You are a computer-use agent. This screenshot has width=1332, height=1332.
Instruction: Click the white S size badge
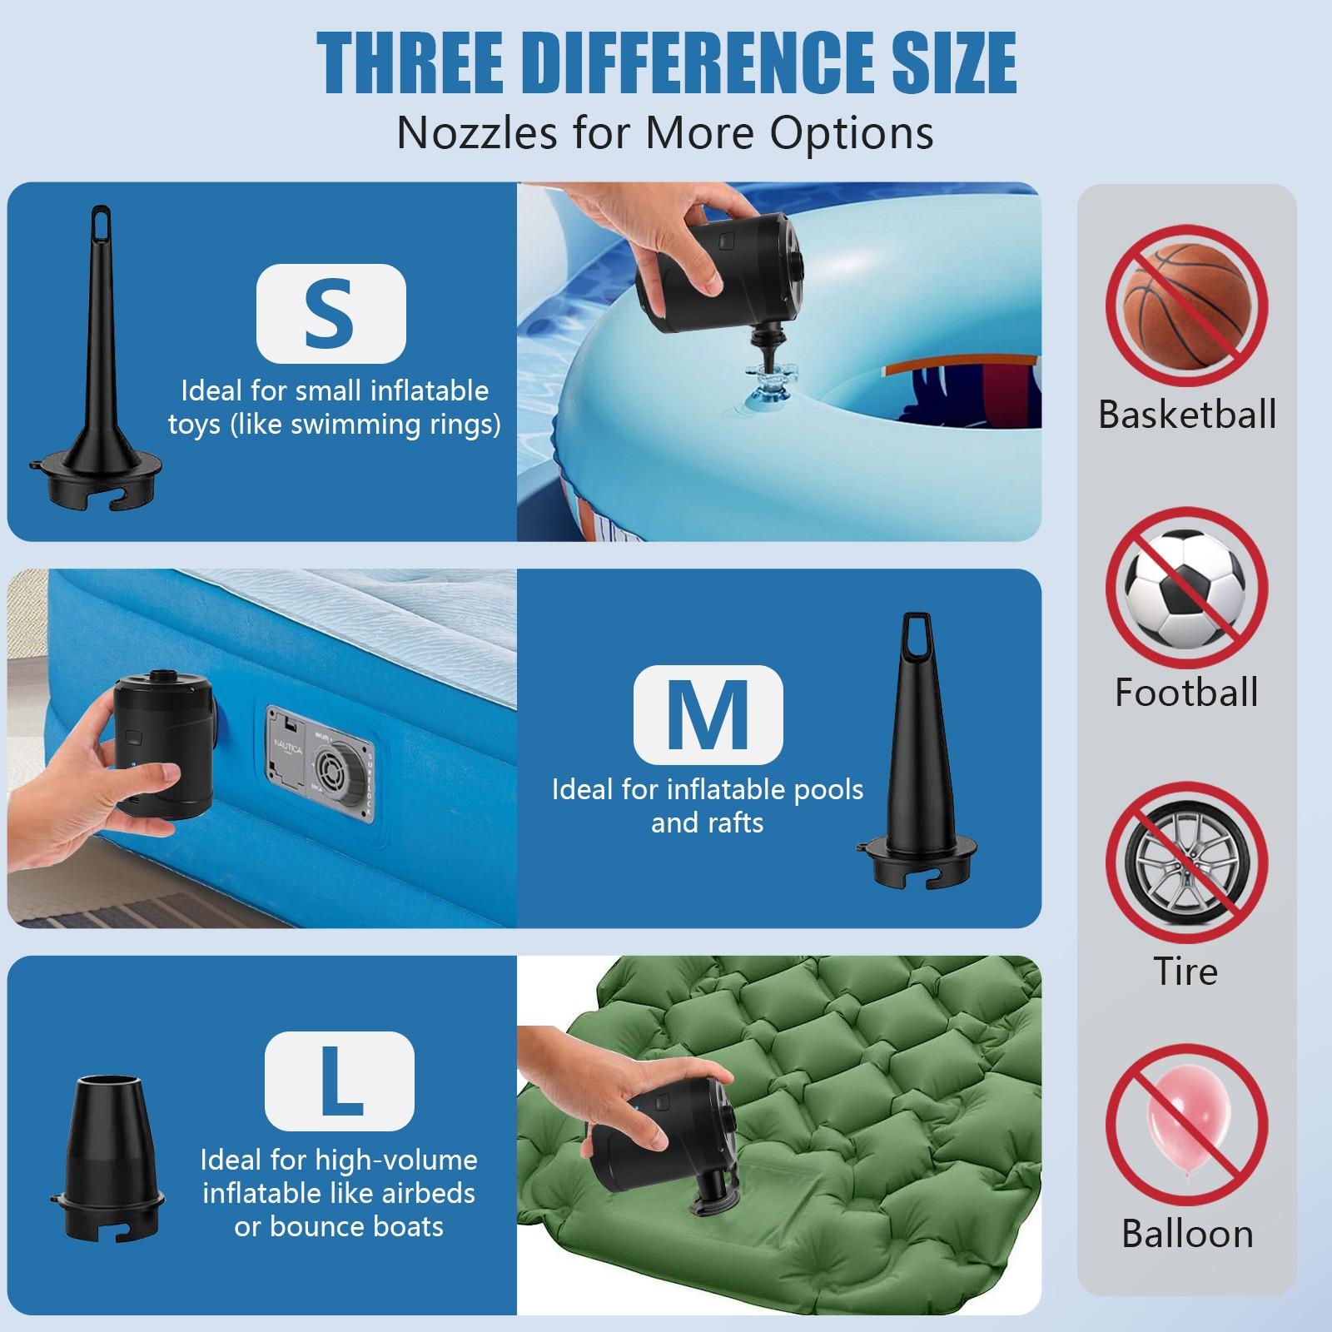point(331,313)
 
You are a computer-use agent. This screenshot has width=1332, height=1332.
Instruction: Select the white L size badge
point(340,1081)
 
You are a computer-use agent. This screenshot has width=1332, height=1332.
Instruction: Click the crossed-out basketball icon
point(1186,306)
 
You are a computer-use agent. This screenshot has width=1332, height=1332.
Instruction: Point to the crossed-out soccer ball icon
point(1186,588)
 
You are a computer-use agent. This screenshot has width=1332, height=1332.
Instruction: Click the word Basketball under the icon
point(1187,415)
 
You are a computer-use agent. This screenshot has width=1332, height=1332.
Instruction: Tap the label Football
point(1186,693)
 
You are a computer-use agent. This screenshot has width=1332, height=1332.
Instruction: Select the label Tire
point(1185,971)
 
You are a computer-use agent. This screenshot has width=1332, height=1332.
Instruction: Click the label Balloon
point(1187,1234)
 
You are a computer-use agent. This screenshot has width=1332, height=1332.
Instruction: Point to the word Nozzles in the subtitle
point(482,132)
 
